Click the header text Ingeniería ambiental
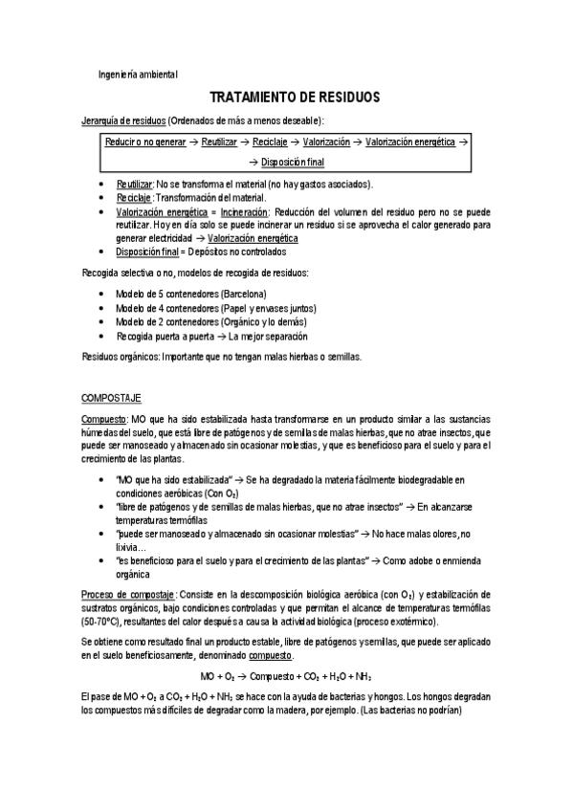[x=138, y=75]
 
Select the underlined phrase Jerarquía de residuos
[x=124, y=121]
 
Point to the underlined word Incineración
[x=244, y=211]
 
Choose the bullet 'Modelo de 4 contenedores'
[x=167, y=308]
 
